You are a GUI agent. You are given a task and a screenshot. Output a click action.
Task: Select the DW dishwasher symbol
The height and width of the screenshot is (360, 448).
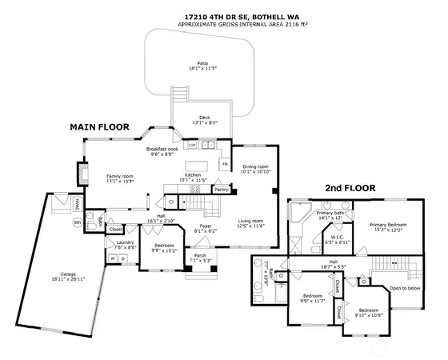[192, 145]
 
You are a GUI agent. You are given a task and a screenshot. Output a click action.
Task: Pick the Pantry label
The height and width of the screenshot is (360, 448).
[222, 190]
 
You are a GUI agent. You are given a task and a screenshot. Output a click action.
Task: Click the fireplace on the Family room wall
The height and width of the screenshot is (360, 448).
[82, 174]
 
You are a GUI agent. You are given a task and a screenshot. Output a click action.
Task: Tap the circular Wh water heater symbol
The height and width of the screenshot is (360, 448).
[78, 222]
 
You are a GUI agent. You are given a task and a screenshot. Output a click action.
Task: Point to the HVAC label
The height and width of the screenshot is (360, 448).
[78, 203]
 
